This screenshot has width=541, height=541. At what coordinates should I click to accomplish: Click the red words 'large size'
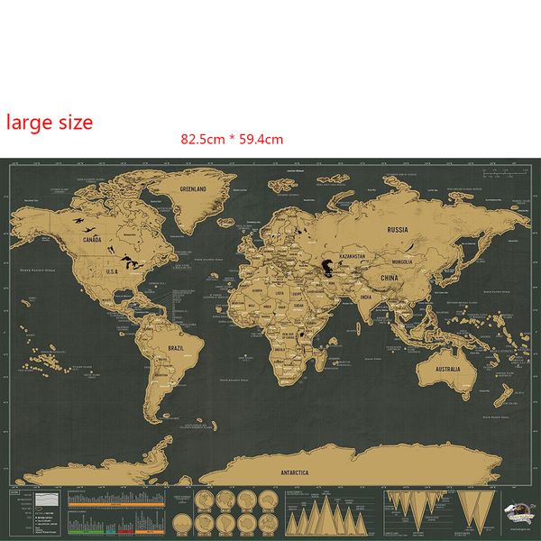[x=50, y=122]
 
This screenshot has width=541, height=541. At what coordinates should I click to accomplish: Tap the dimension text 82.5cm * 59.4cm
[x=232, y=139]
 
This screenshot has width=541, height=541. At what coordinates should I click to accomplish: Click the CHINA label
[x=390, y=279]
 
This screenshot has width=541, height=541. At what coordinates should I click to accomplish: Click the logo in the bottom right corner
[x=515, y=509]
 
